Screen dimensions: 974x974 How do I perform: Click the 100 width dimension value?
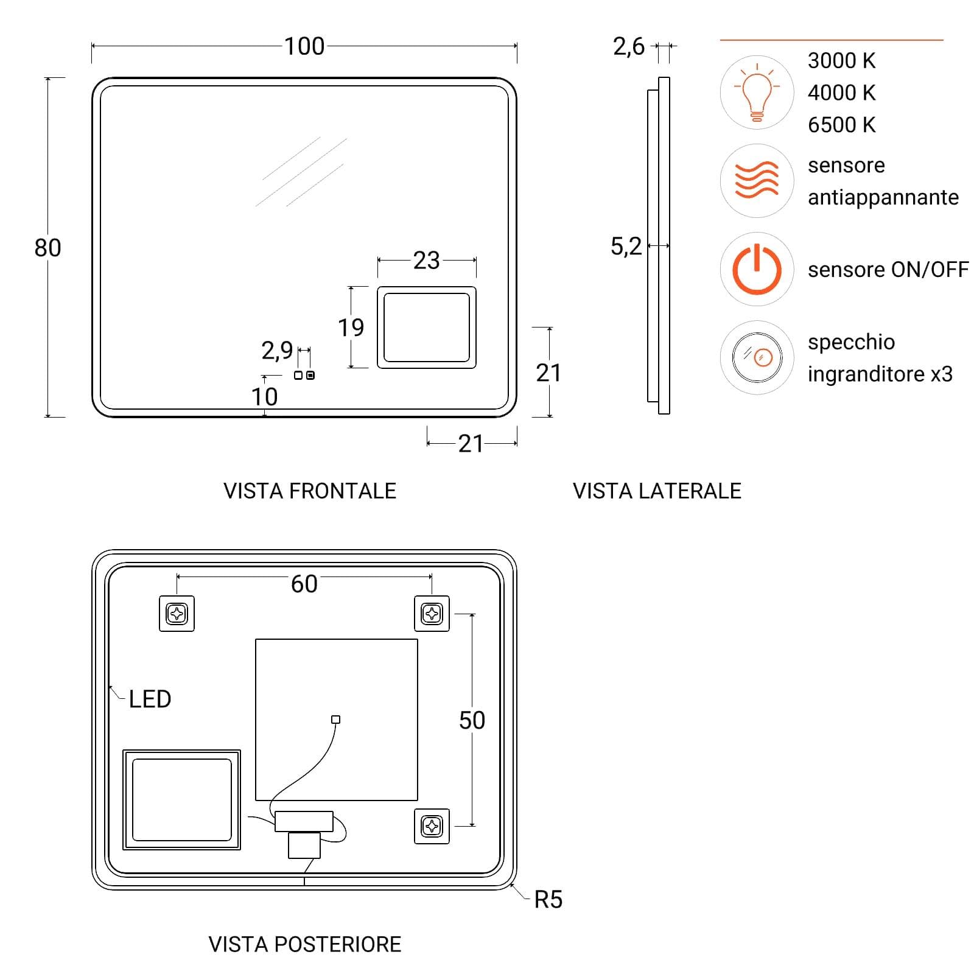pyautogui.click(x=304, y=46)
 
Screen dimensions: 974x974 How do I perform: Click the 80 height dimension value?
pyautogui.click(x=47, y=248)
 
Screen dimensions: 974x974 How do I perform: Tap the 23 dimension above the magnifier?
pyautogui.click(x=426, y=261)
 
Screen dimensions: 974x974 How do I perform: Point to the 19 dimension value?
pyautogui.click(x=351, y=328)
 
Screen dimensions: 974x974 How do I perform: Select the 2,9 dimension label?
pyautogui.click(x=277, y=351)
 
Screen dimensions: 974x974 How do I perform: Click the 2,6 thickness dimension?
pyautogui.click(x=629, y=46)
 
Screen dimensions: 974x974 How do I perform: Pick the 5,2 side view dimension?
pyautogui.click(x=626, y=247)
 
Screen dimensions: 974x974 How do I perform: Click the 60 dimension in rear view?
pyautogui.click(x=304, y=584)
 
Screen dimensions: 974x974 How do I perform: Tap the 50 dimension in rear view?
pyautogui.click(x=472, y=720)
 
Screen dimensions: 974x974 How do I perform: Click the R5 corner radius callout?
pyautogui.click(x=548, y=900)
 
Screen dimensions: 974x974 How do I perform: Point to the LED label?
pyautogui.click(x=150, y=699)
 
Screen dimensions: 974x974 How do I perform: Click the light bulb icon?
pyautogui.click(x=757, y=93)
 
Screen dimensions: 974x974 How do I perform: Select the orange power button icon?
pyautogui.click(x=757, y=269)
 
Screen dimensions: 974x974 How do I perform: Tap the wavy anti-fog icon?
pyautogui.click(x=757, y=181)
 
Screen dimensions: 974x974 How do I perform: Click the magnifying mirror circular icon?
pyautogui.click(x=757, y=357)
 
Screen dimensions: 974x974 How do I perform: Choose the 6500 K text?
pyautogui.click(x=842, y=125)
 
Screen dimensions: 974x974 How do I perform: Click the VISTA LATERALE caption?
pyautogui.click(x=657, y=491)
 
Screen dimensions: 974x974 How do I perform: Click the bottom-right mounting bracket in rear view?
pyautogui.click(x=432, y=826)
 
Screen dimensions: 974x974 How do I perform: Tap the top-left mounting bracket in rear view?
pyautogui.click(x=177, y=614)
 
